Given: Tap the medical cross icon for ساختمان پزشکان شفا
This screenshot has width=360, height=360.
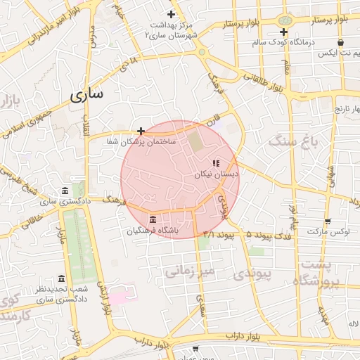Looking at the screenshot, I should [x=141, y=131].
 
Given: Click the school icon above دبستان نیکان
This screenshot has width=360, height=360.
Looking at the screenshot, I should [x=216, y=162].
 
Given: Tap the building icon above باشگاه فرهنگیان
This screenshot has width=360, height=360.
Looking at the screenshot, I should [x=153, y=219].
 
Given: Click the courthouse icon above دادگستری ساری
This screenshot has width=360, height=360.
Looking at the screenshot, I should [x=65, y=191].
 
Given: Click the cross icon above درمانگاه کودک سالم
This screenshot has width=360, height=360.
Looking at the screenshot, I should [x=283, y=32].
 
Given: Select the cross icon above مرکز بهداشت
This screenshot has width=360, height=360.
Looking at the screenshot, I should [x=171, y=14].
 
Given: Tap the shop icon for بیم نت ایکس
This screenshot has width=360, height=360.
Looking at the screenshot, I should [x=341, y=43].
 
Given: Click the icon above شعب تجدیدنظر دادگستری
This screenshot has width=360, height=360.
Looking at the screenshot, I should [x=61, y=279].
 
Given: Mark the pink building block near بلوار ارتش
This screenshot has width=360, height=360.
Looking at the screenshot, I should [x=118, y=293].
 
